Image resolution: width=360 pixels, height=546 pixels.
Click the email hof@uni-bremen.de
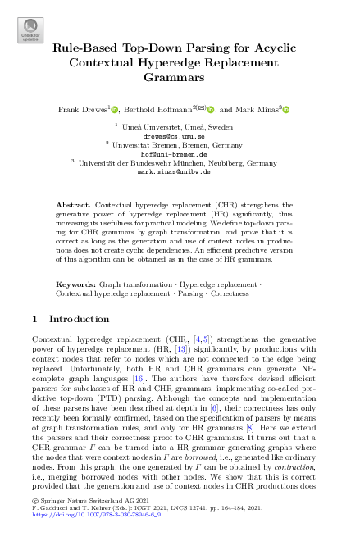pyautogui.click(x=180, y=153)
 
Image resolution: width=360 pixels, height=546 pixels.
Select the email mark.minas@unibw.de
pyautogui.click(x=180, y=173)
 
